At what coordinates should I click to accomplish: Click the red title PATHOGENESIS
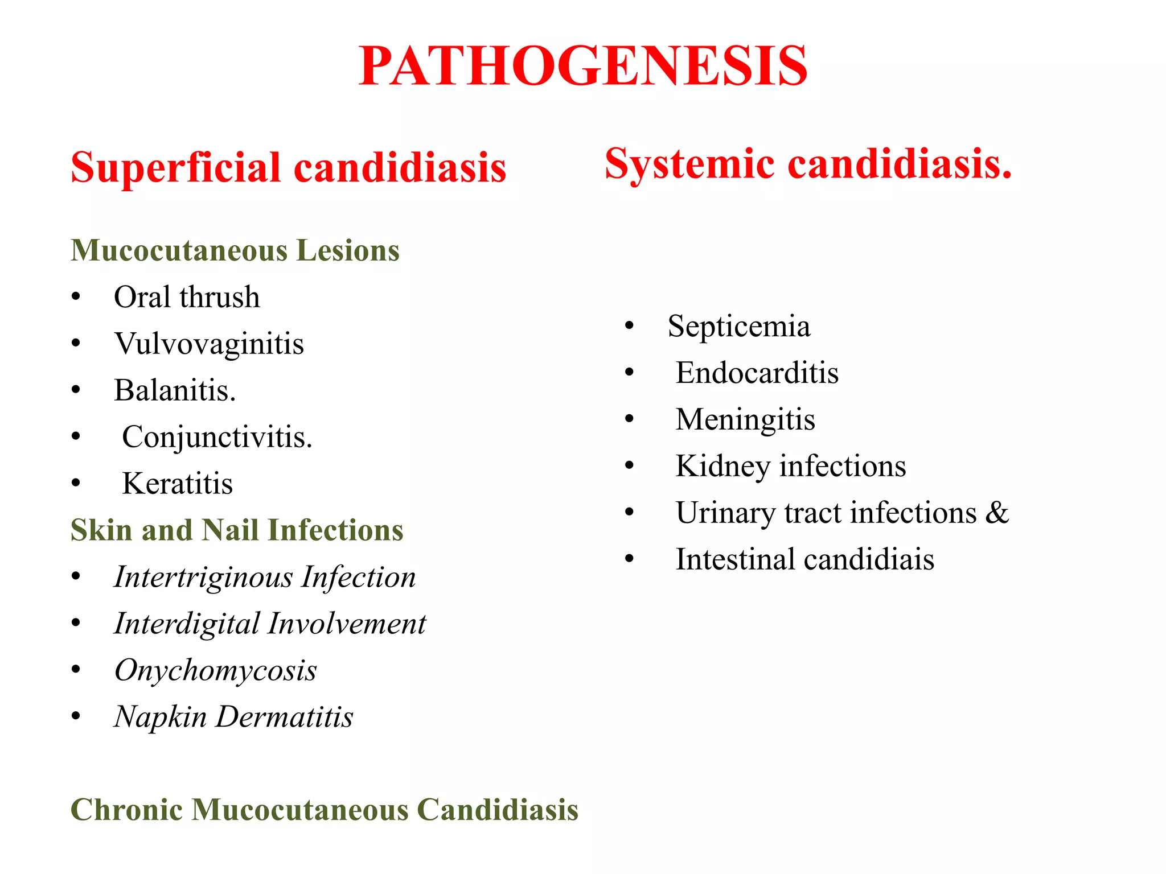(x=582, y=67)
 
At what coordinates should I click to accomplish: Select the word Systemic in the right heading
(x=689, y=164)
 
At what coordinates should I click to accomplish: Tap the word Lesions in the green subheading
(x=348, y=250)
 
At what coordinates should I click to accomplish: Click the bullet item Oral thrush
(x=187, y=297)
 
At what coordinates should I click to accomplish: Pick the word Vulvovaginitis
(x=209, y=344)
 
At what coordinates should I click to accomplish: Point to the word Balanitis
(x=174, y=390)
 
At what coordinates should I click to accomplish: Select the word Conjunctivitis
(x=217, y=437)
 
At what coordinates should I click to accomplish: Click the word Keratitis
(x=177, y=484)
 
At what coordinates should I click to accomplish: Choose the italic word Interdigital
(x=187, y=624)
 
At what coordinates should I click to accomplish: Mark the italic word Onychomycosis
(x=215, y=670)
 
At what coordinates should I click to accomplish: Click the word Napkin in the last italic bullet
(x=160, y=717)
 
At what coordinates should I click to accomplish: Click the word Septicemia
(x=738, y=327)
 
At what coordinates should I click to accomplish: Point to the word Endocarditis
(x=757, y=373)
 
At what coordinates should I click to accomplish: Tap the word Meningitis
(x=745, y=420)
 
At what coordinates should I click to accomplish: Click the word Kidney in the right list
(x=722, y=467)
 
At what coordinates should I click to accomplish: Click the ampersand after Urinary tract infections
(x=997, y=513)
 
